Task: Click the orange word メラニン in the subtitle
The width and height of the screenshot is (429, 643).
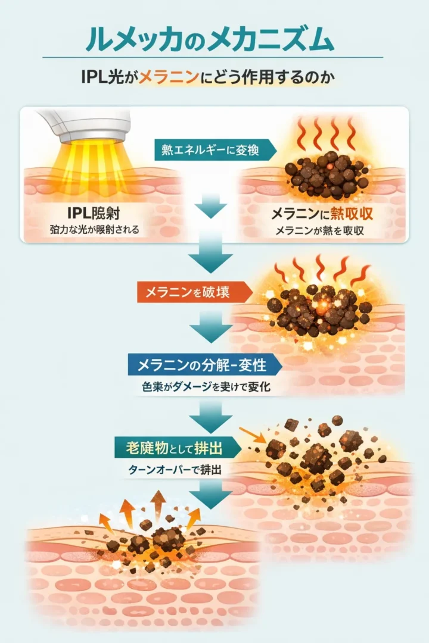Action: click(x=163, y=78)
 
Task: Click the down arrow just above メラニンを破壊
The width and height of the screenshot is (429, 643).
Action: click(x=211, y=256)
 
